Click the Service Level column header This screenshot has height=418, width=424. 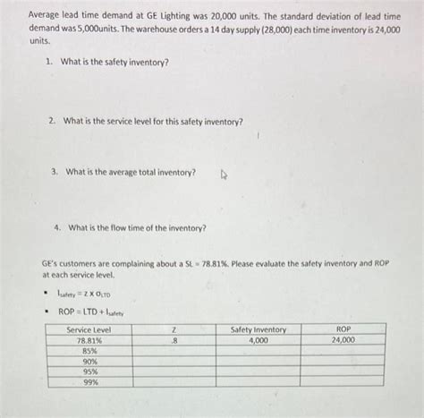click(88, 329)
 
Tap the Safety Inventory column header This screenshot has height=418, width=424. click(259, 329)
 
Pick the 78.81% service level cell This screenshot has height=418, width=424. click(88, 340)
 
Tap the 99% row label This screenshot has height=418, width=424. click(88, 381)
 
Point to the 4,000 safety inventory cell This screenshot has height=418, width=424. click(259, 340)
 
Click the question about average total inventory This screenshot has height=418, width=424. click(130, 172)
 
